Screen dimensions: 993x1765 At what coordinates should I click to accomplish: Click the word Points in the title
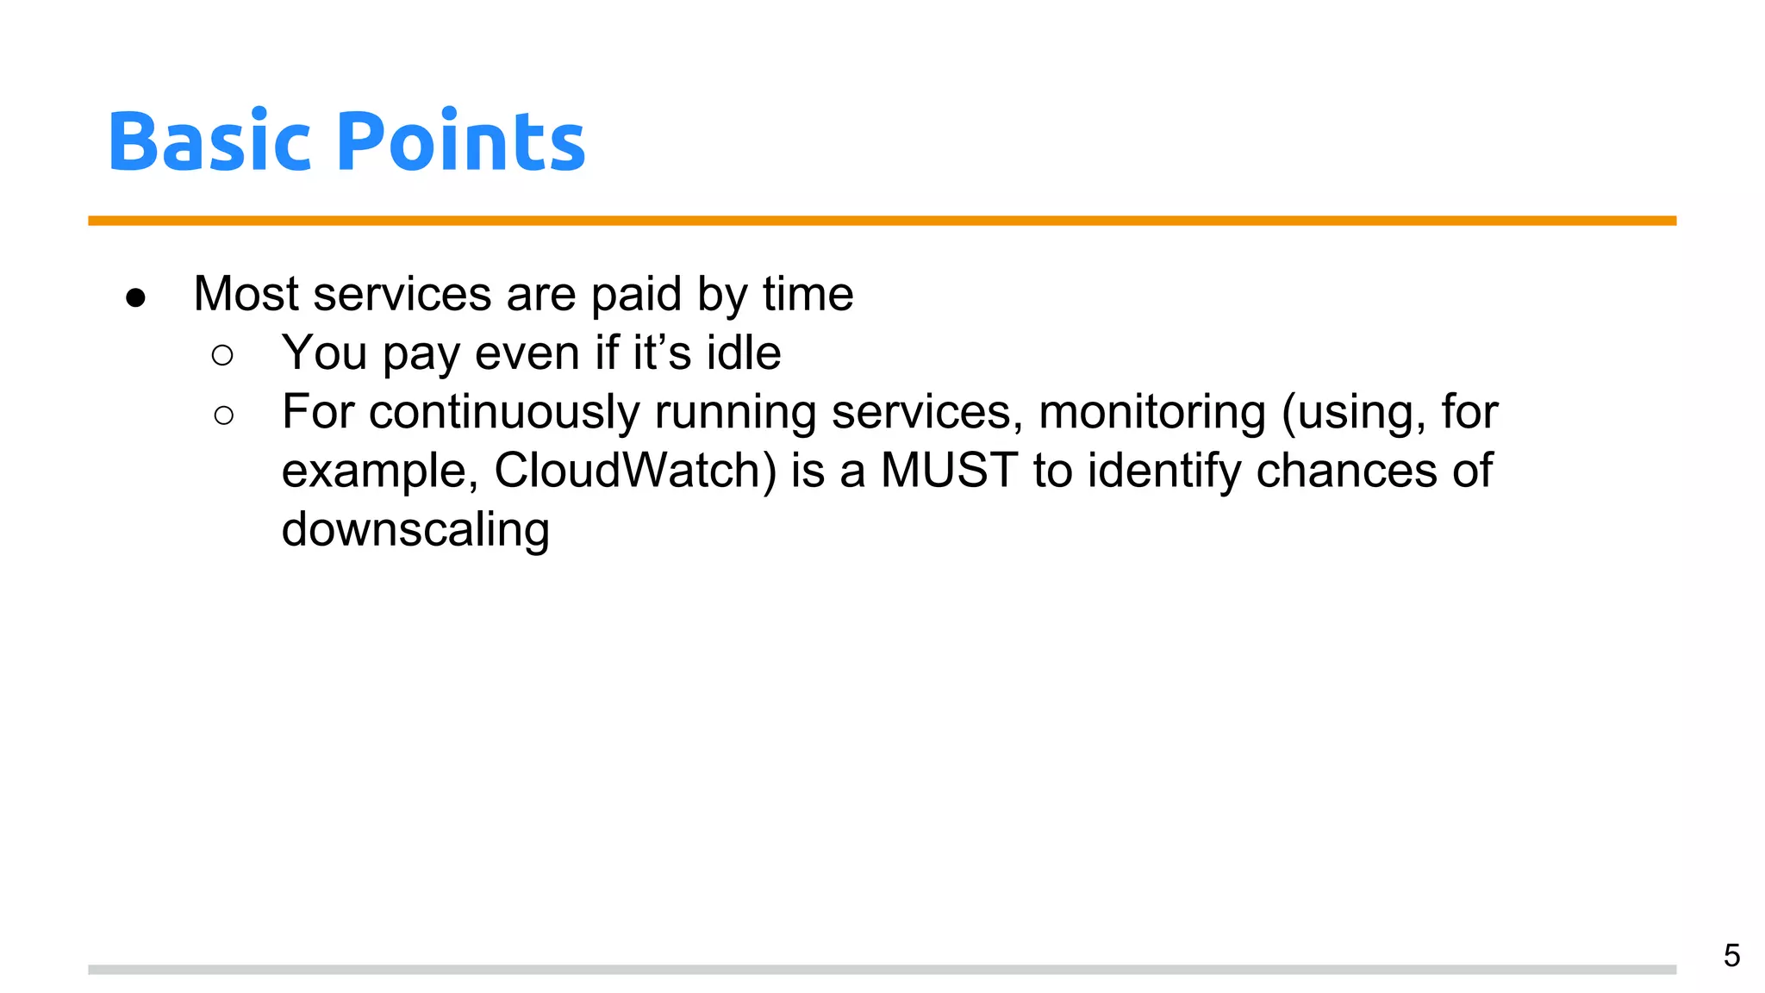(x=461, y=141)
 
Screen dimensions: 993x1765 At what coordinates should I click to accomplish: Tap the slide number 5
(x=1731, y=956)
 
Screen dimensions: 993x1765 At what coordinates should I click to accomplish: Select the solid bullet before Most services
(x=135, y=298)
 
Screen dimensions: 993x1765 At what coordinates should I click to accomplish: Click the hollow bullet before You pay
(x=222, y=355)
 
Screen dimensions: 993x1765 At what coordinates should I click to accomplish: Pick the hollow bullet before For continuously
(x=223, y=415)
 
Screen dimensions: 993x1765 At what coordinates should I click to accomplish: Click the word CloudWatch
(x=634, y=471)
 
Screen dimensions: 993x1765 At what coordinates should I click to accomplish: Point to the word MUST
(x=949, y=471)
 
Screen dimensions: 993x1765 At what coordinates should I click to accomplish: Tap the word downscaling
(x=415, y=529)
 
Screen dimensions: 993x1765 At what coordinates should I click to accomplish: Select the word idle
(x=744, y=353)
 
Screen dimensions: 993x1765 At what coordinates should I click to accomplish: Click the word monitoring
(x=1152, y=412)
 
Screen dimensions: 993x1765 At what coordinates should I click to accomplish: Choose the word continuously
(x=504, y=412)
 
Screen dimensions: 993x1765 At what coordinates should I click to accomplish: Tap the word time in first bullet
(x=808, y=294)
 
